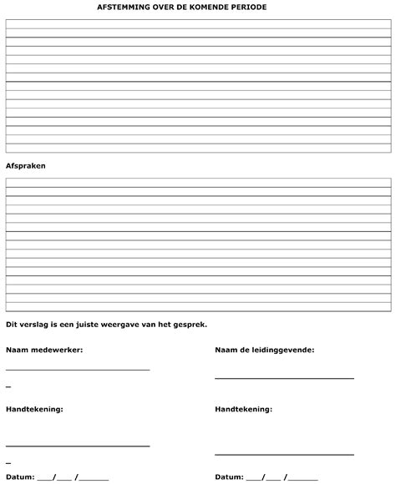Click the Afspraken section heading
tap(25, 165)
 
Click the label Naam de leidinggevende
tap(264, 350)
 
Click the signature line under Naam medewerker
tap(78, 369)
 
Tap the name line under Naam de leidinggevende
tap(284, 378)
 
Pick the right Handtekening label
tap(243, 410)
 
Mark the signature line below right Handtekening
tap(284, 455)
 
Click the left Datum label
tap(20, 477)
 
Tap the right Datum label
tap(229, 477)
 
